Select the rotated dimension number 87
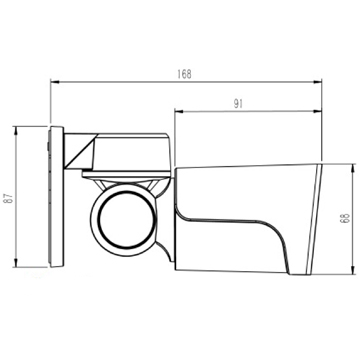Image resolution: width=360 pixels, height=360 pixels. click(10, 197)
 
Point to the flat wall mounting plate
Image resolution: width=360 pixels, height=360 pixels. click(56, 196)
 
